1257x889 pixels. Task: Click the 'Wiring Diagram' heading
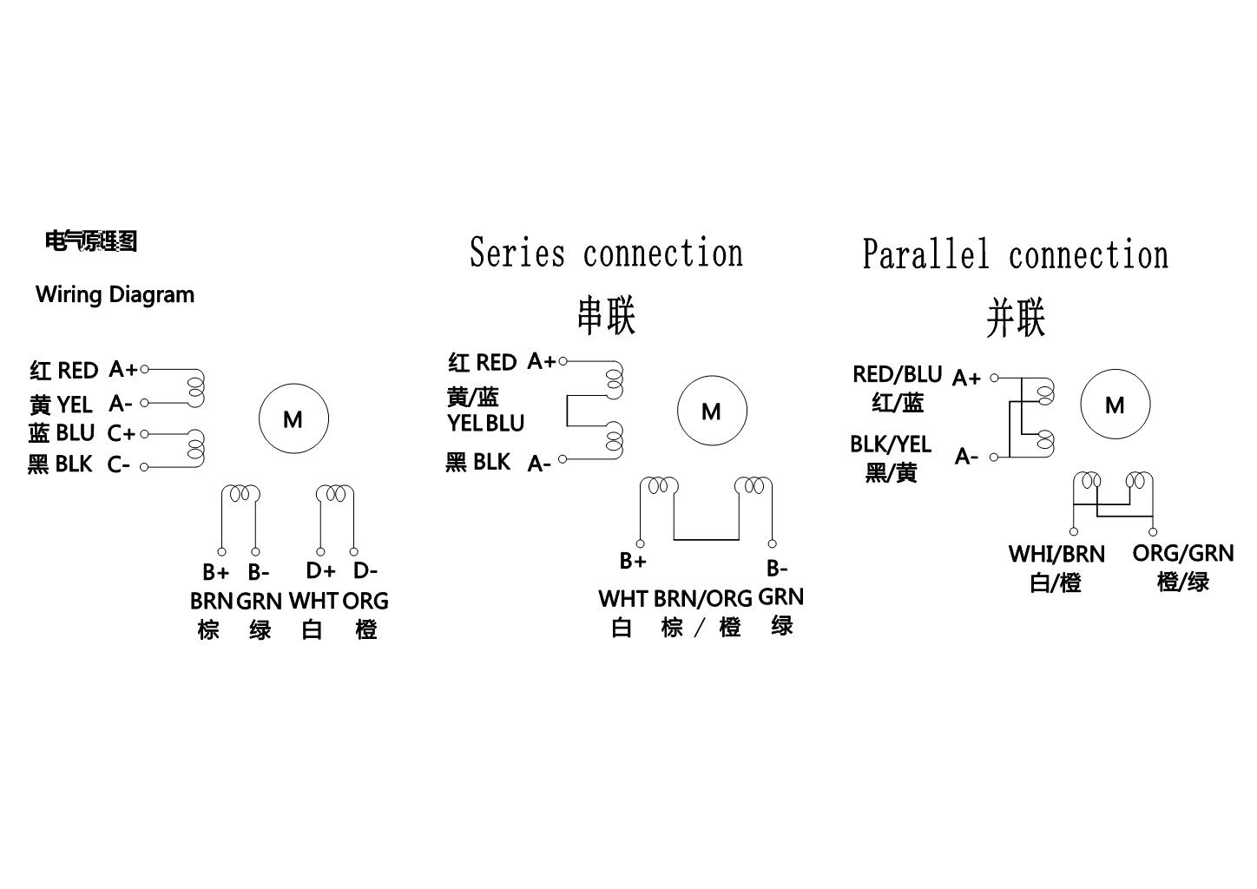pos(115,295)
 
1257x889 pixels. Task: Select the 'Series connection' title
pos(606,254)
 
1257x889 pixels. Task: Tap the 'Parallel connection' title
pos(1015,255)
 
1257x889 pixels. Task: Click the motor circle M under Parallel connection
pos(1115,405)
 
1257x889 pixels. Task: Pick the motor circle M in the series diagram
pos(711,411)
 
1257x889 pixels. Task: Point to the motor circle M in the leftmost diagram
pos(293,419)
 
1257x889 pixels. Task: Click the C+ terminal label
pos(122,432)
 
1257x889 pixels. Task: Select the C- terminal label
pos(119,465)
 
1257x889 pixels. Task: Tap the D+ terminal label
pos(320,570)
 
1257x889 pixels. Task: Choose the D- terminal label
pos(365,570)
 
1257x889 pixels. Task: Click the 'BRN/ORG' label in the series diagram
pos(702,599)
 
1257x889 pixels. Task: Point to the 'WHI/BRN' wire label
pos(1056,554)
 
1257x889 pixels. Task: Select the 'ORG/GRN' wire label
pos(1182,553)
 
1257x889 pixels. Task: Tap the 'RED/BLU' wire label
pos(897,374)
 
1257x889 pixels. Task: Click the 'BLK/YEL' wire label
pos(890,444)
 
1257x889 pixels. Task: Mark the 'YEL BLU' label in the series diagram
pos(486,424)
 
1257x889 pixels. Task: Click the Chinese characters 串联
pos(606,316)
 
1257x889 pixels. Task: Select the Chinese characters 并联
pos(1015,318)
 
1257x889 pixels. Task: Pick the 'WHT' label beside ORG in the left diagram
pos(313,601)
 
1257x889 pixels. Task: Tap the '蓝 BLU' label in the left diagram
pos(61,432)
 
